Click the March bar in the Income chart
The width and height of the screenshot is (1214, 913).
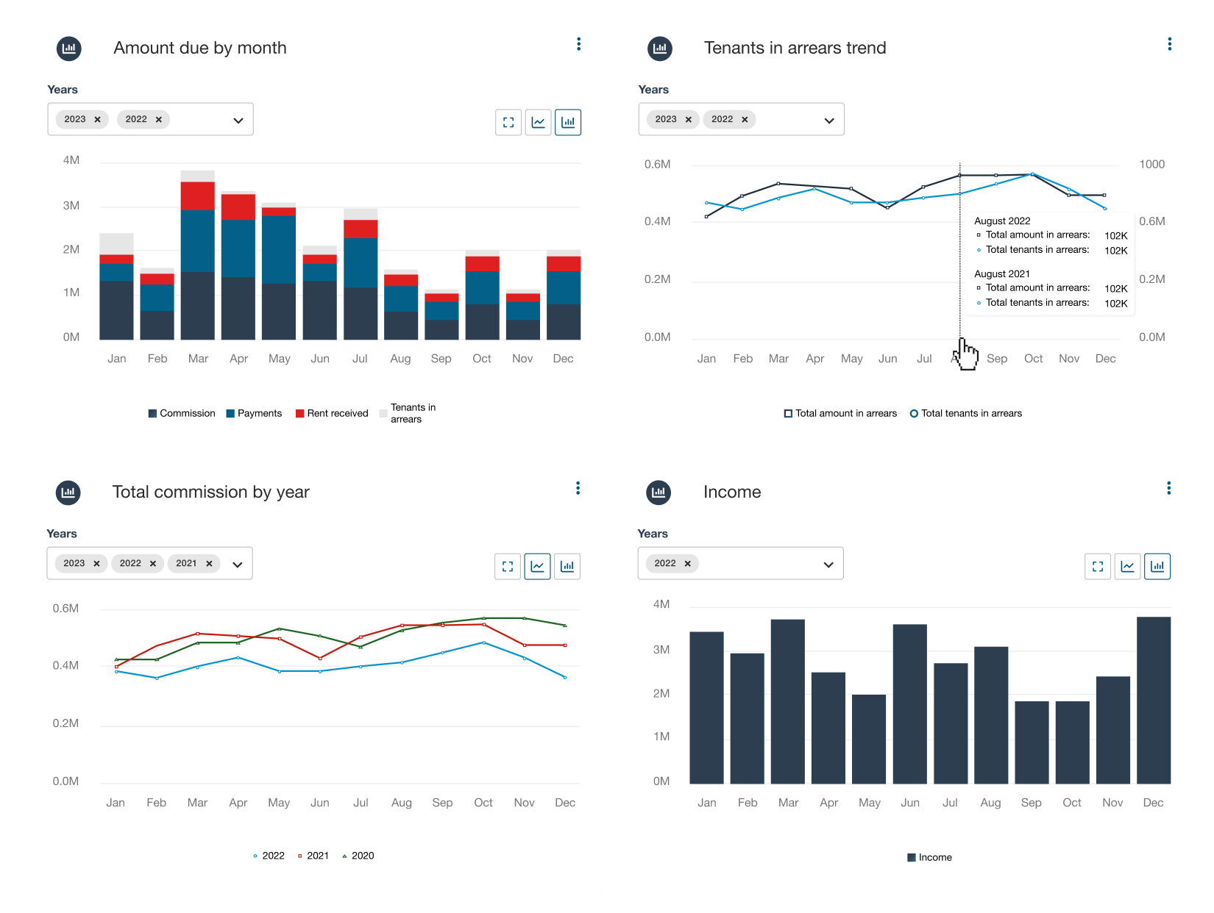[787, 702]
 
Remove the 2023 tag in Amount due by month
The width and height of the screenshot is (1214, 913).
[97, 119]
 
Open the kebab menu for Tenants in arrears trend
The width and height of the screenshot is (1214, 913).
[1169, 44]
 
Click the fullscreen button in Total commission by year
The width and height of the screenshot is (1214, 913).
[508, 566]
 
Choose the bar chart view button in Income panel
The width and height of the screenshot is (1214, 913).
[1157, 566]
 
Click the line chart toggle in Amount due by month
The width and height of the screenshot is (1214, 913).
[538, 122]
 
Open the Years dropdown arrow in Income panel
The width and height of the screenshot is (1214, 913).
[828, 565]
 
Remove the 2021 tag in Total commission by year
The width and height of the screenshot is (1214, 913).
[209, 563]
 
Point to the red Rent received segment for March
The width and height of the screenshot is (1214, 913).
[197, 196]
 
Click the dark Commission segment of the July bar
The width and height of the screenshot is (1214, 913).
[360, 313]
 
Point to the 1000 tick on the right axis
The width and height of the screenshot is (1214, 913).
[1151, 164]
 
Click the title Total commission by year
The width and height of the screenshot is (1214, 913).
[210, 492]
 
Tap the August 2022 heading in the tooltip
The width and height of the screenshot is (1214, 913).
[1002, 221]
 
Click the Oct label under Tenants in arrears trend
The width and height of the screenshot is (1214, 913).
[1033, 359]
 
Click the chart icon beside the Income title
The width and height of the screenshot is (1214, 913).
[659, 492]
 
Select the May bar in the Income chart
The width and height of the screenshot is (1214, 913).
[869, 739]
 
